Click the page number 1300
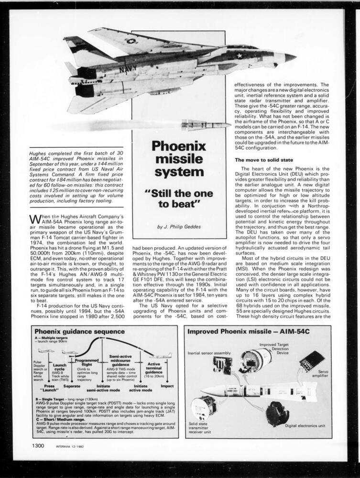tap(39, 446)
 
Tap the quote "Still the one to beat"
tap(179, 199)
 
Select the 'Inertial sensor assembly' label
tap(208, 353)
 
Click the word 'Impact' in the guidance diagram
tap(167, 386)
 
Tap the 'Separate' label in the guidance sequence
tap(72, 386)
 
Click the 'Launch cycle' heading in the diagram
tap(60, 367)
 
